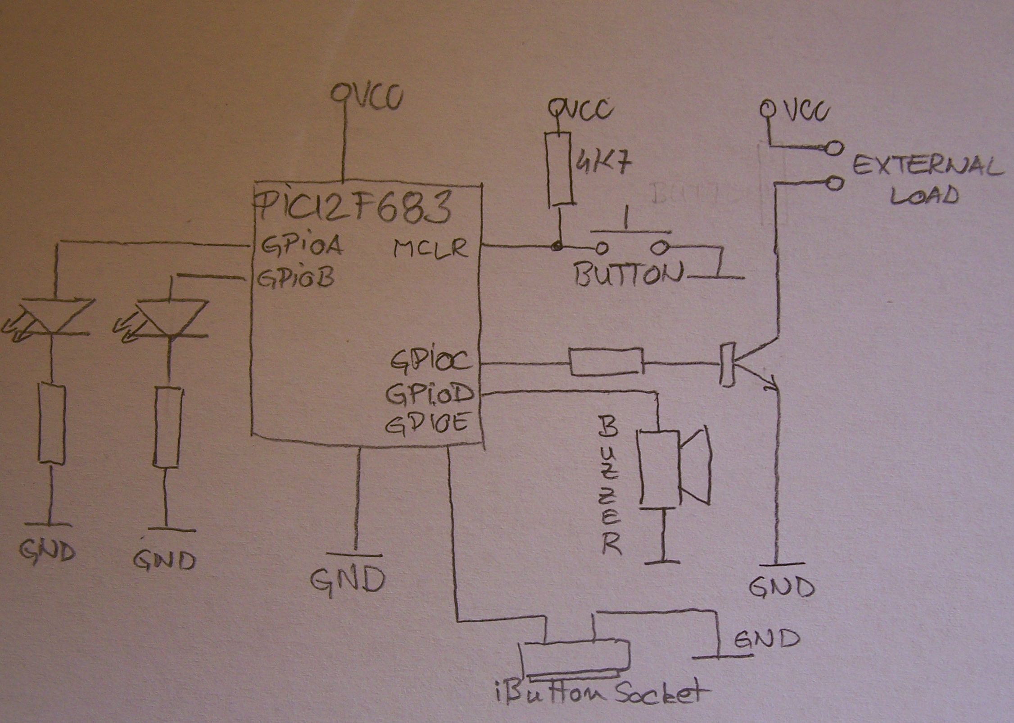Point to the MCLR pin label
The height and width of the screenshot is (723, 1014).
430,248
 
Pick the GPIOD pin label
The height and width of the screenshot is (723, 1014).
430,393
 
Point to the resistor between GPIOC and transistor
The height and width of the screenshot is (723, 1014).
607,361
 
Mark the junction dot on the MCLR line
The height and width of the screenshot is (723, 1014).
558,246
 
